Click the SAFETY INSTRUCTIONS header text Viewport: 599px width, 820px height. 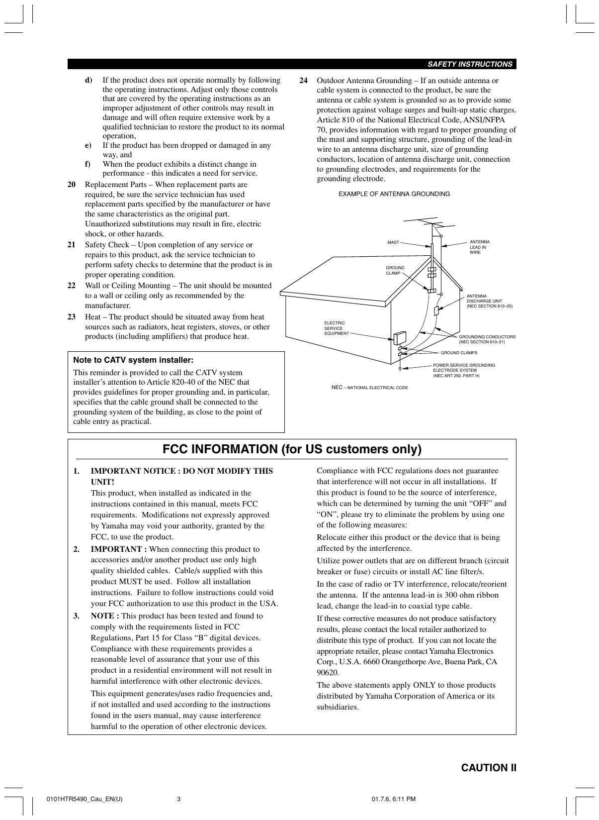tap(470, 64)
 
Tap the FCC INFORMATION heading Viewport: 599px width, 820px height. tap(292, 449)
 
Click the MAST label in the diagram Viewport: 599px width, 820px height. tap(393, 242)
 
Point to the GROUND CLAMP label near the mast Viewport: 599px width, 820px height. tap(395, 270)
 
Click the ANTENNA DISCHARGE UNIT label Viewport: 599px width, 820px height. tap(489, 301)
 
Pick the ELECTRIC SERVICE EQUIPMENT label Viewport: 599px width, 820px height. tap(337, 328)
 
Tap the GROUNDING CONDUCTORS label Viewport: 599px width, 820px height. tap(487, 339)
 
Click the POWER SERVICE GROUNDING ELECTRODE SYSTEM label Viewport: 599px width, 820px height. tap(463, 370)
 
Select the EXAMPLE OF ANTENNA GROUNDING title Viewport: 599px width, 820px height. tap(394, 194)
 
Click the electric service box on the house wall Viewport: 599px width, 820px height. tap(399, 338)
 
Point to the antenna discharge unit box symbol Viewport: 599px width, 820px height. tap(436, 311)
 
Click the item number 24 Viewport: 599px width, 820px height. tap(304, 81)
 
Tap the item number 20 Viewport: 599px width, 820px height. tap(72, 185)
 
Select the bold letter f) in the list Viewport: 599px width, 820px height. tap(87, 164)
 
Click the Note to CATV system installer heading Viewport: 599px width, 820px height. tap(133, 360)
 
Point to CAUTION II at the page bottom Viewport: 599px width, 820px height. tap(489, 768)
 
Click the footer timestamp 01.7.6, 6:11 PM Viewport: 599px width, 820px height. tap(393, 800)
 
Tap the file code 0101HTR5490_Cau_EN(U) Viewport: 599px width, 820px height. tap(84, 800)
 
